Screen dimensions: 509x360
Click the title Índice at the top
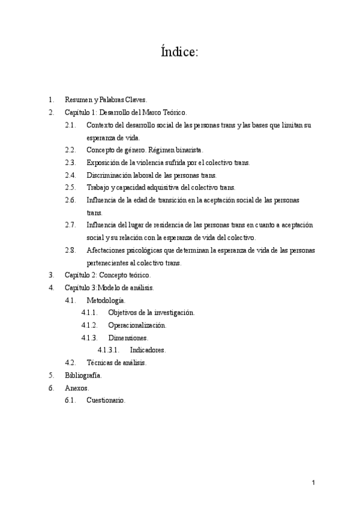pyautogui.click(x=179, y=52)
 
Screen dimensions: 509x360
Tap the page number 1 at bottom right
pyautogui.click(x=313, y=483)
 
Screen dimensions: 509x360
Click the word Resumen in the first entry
pyautogui.click(x=77, y=100)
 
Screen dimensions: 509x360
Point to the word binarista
pyautogui.click(x=188, y=150)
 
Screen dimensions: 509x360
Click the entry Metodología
pyautogui.click(x=106, y=300)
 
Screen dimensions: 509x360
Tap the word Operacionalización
pyautogui.click(x=137, y=325)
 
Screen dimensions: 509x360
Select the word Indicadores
pyautogui.click(x=148, y=350)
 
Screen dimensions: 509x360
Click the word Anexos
pyautogui.click(x=77, y=388)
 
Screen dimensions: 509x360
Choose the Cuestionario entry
pyautogui.click(x=106, y=400)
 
